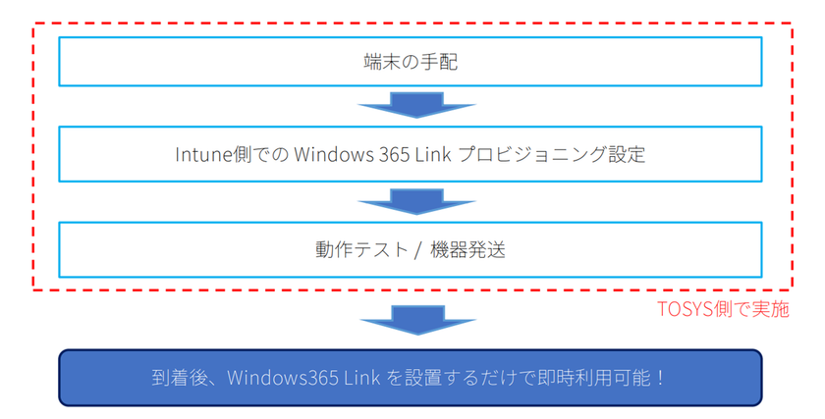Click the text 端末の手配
click(x=411, y=62)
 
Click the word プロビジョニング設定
click(x=552, y=155)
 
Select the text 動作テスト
click(x=362, y=249)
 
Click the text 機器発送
click(x=467, y=249)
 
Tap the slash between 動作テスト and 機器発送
click(x=418, y=250)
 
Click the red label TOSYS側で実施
click(x=724, y=309)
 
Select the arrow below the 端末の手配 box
click(x=416, y=105)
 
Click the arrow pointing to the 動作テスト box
click(x=416, y=202)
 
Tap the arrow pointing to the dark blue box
click(x=417, y=320)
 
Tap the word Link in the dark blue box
click(x=362, y=378)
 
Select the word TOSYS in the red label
click(x=683, y=309)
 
